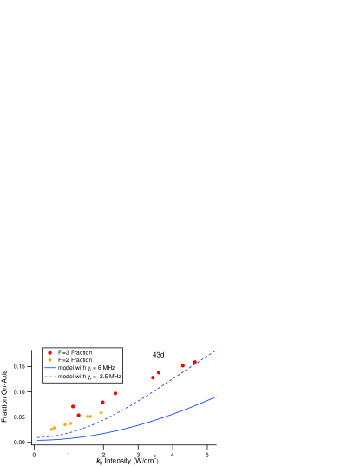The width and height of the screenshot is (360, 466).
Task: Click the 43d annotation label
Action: coord(159,355)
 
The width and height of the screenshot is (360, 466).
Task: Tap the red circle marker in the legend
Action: coord(49,352)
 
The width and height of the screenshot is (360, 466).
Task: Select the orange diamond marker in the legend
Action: coord(49,360)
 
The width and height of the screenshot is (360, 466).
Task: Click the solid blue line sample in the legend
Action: coord(49,368)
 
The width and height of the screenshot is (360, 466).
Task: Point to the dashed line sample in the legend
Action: coord(49,377)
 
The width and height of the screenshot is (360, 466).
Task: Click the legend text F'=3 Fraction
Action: coord(75,352)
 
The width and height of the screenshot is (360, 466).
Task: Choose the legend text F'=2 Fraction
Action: coord(75,360)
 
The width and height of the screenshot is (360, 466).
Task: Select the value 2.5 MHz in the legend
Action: coord(110,377)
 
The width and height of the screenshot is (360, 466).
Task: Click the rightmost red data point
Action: coord(194,363)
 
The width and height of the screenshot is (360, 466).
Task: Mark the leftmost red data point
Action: coord(73,406)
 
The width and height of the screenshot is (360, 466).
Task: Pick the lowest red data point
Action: coord(78,415)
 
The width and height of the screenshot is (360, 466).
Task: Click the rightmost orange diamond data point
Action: coord(101,413)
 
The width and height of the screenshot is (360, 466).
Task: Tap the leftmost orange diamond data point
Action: coord(52,429)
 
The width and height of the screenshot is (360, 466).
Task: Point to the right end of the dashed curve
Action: coord(214,351)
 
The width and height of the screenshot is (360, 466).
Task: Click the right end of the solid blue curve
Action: coord(216,397)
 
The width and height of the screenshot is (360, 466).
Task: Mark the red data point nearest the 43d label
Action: coord(158,372)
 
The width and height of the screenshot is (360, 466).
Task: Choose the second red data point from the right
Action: coord(182,365)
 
